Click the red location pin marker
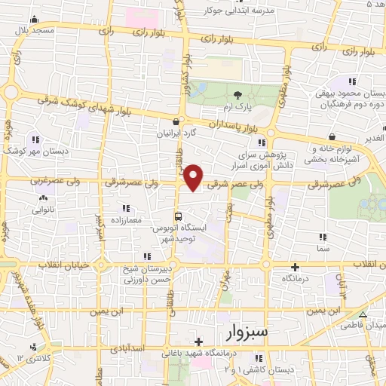(x=194, y=177)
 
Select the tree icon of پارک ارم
(x=238, y=95)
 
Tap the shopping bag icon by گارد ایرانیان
(x=176, y=121)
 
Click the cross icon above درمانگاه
(x=295, y=267)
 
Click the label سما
(x=323, y=248)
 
